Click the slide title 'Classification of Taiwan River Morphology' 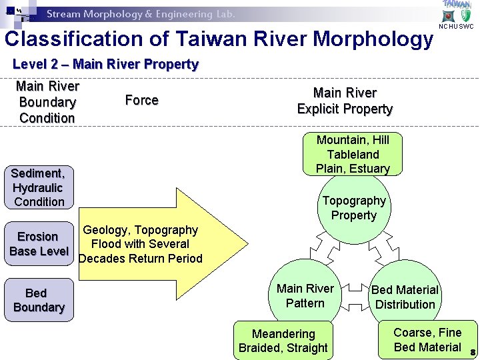(x=219, y=39)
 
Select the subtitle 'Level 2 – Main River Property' (x=105, y=65)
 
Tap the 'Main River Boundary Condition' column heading (x=47, y=102)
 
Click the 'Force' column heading (x=141, y=100)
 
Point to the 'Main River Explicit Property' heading (x=345, y=101)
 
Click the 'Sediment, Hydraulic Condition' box (x=39, y=187)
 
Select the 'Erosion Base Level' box (x=38, y=244)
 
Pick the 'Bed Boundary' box (x=39, y=300)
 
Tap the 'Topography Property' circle (x=354, y=208)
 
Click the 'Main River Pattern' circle (x=305, y=296)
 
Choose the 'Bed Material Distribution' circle (x=405, y=297)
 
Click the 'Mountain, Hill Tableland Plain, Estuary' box (x=353, y=154)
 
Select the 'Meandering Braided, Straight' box (x=283, y=341)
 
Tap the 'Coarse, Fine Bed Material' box (x=427, y=339)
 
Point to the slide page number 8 (x=473, y=352)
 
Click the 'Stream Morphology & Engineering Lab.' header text (x=140, y=14)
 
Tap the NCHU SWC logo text (x=456, y=27)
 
